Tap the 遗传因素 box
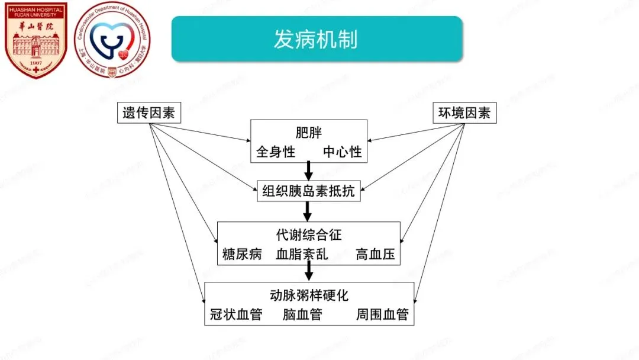click(x=149, y=112)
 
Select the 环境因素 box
click(x=464, y=112)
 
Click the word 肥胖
click(x=308, y=131)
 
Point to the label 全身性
click(x=276, y=152)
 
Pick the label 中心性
click(x=342, y=152)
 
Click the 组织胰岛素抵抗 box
click(x=308, y=191)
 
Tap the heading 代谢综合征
click(x=308, y=234)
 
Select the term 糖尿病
click(x=242, y=255)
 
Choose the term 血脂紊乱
click(x=302, y=255)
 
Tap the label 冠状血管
click(x=236, y=314)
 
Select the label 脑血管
click(x=302, y=314)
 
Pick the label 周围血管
click(x=382, y=314)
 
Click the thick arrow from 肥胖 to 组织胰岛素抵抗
click(x=308, y=171)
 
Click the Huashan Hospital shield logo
click(x=35, y=40)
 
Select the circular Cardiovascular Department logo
click(x=112, y=40)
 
